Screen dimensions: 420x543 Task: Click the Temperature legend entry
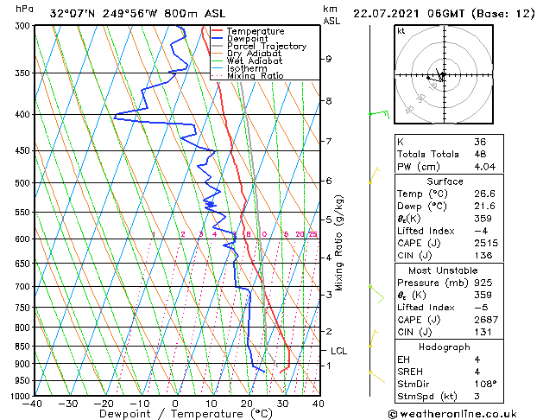coord(254,31)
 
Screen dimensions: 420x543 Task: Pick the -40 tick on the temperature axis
coord(32,404)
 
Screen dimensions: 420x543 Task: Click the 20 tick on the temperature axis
coord(247,404)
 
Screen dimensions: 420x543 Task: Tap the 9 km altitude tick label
coord(329,59)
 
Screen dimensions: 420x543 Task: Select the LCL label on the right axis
coord(339,351)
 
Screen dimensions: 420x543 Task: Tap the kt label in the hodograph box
coord(401,30)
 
